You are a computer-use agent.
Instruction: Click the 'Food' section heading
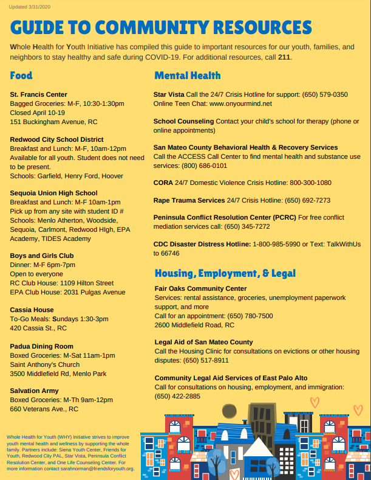[21, 76]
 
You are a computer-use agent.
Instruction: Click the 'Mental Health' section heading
[188, 76]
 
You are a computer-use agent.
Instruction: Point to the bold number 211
[284, 57]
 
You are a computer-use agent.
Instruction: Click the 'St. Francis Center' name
[38, 94]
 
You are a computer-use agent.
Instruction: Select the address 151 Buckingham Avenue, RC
[53, 122]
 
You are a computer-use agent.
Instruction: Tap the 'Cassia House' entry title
[32, 310]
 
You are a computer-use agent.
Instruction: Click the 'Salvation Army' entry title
[35, 391]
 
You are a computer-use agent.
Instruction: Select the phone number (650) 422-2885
[177, 396]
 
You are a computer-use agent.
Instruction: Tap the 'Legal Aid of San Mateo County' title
[203, 342]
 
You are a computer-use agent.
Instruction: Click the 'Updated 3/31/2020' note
[29, 6]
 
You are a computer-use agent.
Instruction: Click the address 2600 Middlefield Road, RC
[194, 324]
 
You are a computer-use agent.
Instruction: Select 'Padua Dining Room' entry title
[41, 346]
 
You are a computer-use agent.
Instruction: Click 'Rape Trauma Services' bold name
[189, 200]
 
